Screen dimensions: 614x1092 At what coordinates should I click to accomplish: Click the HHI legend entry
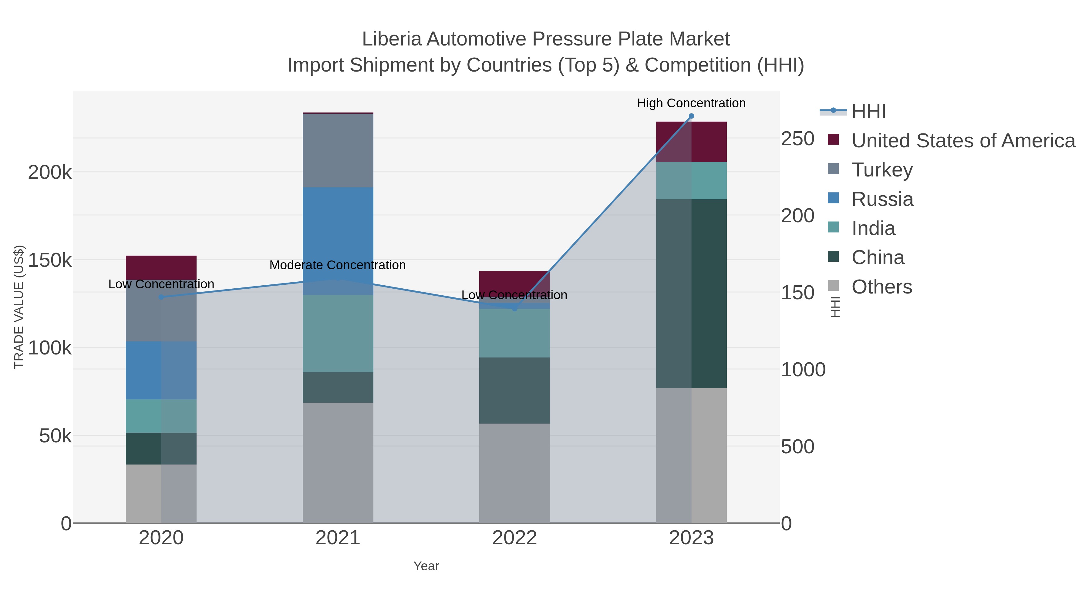[868, 112]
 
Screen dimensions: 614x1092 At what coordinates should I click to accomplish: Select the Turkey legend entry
[882, 170]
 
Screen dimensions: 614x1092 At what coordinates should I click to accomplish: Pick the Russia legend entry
[882, 199]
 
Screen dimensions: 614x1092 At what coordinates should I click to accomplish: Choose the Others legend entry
[881, 287]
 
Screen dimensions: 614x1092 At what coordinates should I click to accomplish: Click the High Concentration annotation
[691, 103]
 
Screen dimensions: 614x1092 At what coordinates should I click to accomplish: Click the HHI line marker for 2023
[691, 116]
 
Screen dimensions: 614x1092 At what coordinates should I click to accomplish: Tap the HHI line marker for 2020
[161, 297]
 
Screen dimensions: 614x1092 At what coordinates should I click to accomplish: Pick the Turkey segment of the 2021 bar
[338, 150]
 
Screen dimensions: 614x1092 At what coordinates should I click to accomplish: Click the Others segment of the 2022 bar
[514, 473]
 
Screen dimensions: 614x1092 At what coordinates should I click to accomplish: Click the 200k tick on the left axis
[50, 173]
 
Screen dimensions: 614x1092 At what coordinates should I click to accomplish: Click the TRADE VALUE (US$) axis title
[19, 307]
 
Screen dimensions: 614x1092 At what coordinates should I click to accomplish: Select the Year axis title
[426, 566]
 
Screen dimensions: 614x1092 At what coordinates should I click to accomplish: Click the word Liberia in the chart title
[392, 39]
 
